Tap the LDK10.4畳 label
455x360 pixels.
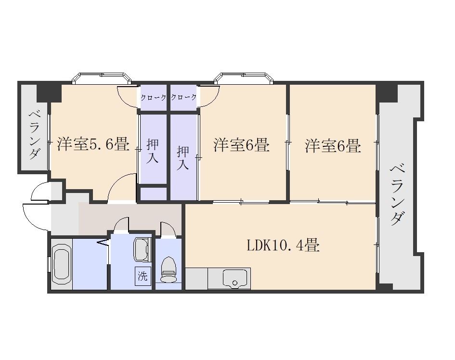283,245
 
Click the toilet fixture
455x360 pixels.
169,270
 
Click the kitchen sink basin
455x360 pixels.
235,279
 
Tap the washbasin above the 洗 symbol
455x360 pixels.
142,249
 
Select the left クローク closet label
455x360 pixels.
153,98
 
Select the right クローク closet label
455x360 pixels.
183,97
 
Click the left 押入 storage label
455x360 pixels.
152,151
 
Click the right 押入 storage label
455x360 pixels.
183,157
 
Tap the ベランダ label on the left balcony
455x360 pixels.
34,135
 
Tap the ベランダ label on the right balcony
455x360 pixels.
398,195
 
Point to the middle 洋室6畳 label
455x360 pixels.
242,145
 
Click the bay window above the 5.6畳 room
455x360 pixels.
102,78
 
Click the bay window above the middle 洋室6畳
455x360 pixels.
244,78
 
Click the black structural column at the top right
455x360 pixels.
386,92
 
